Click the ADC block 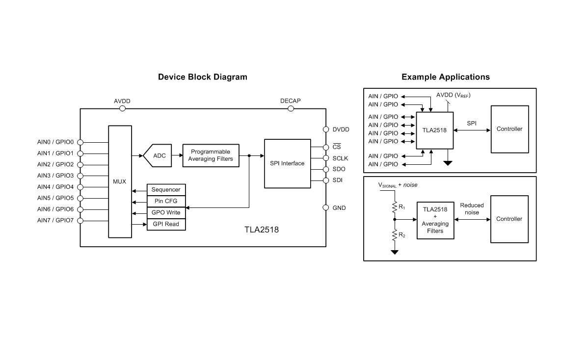[158, 156]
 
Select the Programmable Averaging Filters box [210, 155]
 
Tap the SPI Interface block [287, 163]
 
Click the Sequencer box [166, 190]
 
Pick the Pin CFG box [166, 201]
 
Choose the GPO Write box [166, 213]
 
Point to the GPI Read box [166, 224]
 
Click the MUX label [119, 181]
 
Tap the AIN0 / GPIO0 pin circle [80, 142]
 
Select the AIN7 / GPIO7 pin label [55, 221]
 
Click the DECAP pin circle [291, 109]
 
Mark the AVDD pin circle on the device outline [122, 109]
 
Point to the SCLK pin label [340, 158]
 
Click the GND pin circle [325, 208]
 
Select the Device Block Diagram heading [202, 77]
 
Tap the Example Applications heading [445, 77]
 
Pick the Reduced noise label [472, 209]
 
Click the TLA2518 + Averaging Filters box [435, 220]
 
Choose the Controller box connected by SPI [509, 129]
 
